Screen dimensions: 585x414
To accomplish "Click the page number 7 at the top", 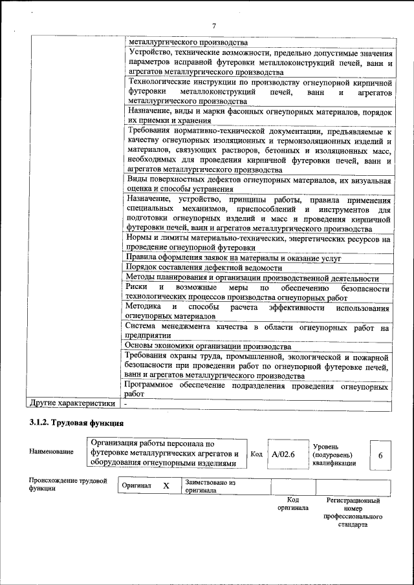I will pos(213,25).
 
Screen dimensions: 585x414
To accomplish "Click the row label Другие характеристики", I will pos(72,403).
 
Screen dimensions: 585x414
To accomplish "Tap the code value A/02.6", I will pos(283,454).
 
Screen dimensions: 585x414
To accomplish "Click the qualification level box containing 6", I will pos(380,455).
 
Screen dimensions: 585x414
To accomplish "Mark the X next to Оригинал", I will pos(166,485).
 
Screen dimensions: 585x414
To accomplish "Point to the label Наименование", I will pos(51,451).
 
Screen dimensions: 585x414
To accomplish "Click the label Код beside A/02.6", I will pos(256,454).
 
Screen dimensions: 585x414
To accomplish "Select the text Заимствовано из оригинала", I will pos(210,486).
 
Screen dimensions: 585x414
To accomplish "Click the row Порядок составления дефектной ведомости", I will pos(204,268).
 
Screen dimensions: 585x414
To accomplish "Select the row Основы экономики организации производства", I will pos(208,346).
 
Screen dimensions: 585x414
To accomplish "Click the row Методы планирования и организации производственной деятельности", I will pos(252,277).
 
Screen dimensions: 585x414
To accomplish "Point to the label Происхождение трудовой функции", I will pos(67,485).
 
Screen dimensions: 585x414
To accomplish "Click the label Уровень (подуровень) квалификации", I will pos(334,454).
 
